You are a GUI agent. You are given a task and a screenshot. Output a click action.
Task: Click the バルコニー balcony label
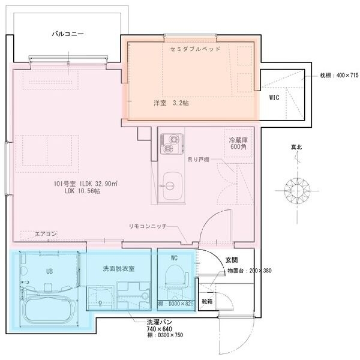tap(68, 35)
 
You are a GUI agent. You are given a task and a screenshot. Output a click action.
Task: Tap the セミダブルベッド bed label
tap(196, 49)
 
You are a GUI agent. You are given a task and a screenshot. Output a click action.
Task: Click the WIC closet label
tap(274, 97)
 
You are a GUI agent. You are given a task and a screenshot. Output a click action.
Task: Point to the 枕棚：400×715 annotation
tap(338, 76)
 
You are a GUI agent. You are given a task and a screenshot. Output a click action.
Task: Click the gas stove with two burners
tap(172, 144)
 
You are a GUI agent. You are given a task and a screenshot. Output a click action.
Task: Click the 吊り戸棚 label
tap(198, 160)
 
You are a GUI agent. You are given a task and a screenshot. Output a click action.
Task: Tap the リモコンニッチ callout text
tap(151, 226)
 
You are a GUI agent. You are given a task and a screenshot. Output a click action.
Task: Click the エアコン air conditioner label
tap(46, 233)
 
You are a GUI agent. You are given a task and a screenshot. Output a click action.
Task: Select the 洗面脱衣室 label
tap(118, 268)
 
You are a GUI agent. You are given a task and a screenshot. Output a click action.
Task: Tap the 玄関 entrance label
tap(232, 260)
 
